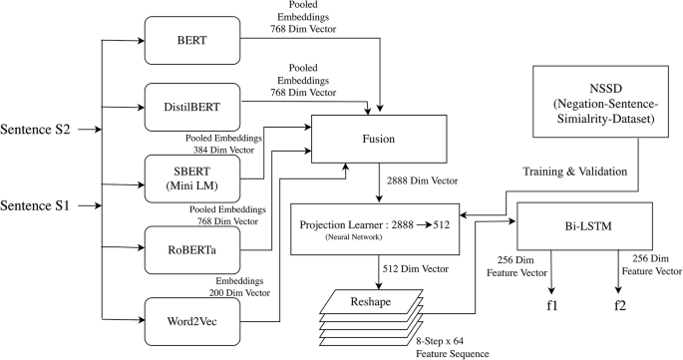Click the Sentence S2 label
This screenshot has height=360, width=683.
click(44, 129)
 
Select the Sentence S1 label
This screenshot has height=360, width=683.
click(44, 206)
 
